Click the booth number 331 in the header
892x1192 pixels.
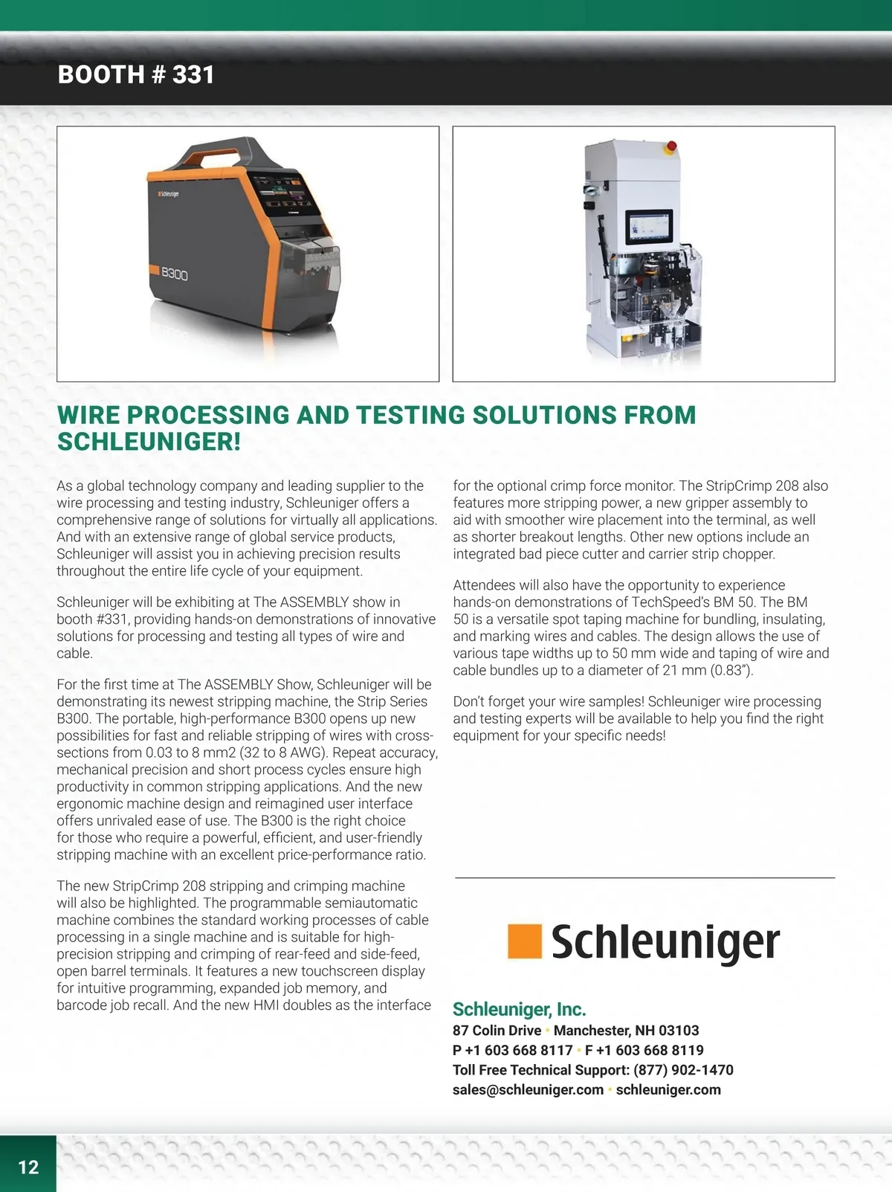pos(193,74)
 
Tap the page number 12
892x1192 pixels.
pos(28,1167)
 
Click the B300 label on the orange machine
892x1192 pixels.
pos(174,274)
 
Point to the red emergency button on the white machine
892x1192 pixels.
pos(672,146)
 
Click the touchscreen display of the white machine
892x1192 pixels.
pos(649,227)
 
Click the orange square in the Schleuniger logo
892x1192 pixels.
pos(524,941)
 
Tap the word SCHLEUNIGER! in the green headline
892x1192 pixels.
pos(149,442)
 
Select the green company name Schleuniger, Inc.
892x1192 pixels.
pos(519,1009)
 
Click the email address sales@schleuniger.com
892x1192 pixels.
pos(528,1089)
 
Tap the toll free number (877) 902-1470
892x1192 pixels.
pos(683,1069)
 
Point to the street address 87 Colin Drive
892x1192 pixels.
pos(497,1030)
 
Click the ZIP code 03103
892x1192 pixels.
pos(679,1030)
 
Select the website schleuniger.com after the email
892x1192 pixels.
pos(668,1089)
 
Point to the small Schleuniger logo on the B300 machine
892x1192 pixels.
pos(168,193)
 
